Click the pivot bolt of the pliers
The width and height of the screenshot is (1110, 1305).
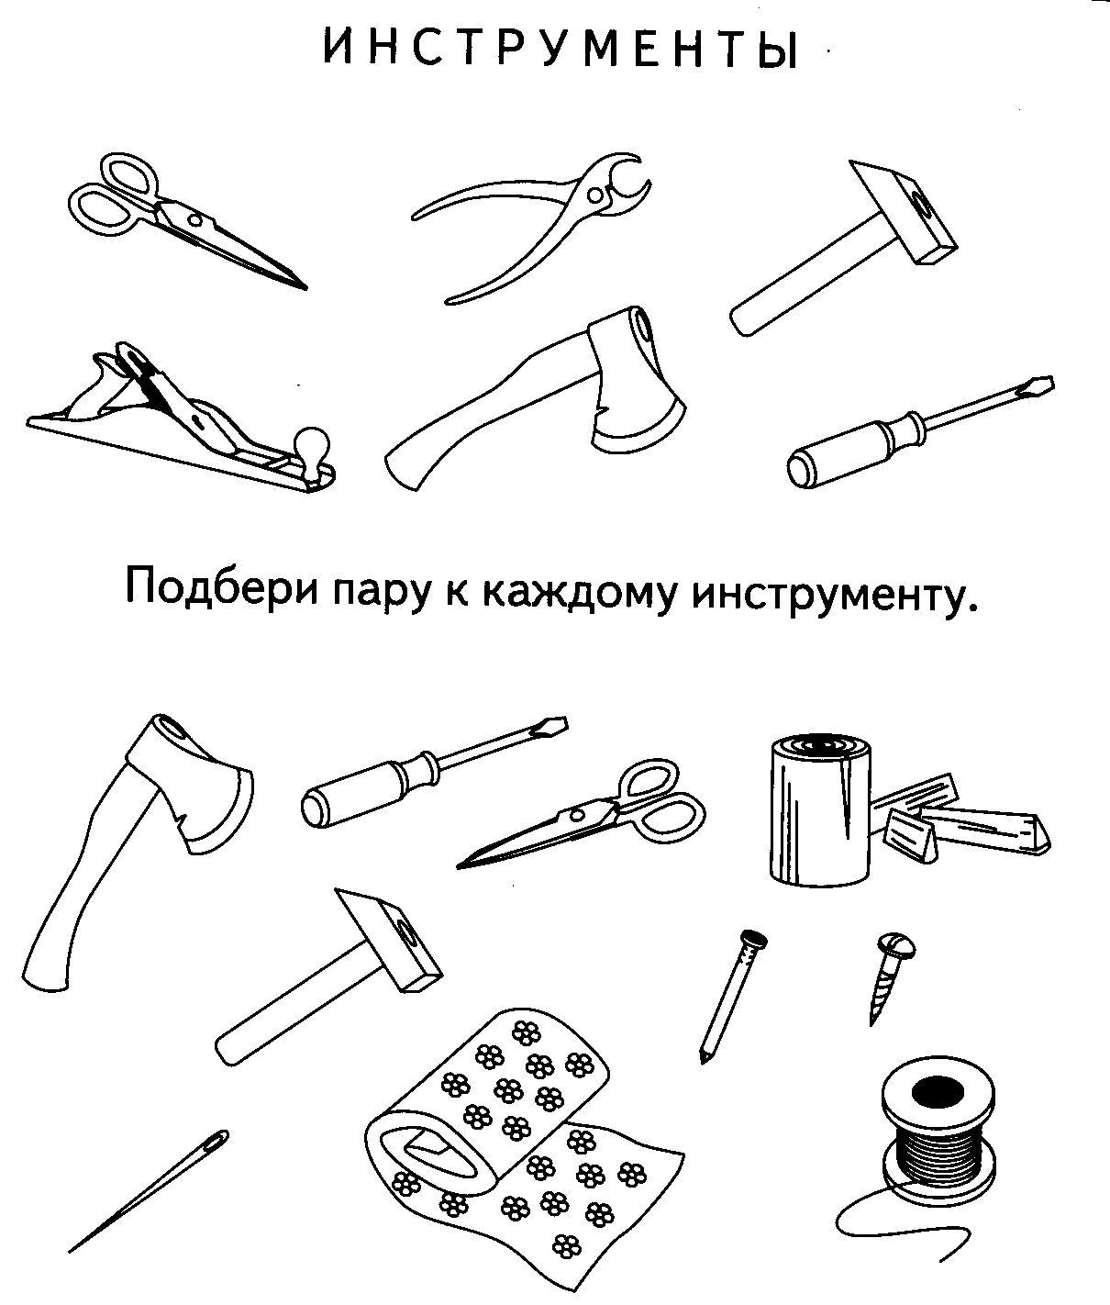599,194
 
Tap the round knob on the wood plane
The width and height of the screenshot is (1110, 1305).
311,447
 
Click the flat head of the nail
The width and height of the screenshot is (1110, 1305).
753,939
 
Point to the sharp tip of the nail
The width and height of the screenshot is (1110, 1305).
703,1059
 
